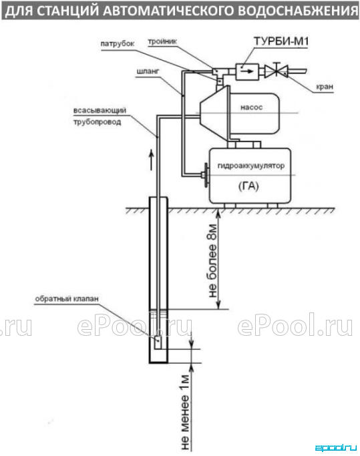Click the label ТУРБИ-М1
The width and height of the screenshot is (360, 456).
(x=281, y=41)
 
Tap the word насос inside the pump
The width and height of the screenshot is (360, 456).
(x=251, y=107)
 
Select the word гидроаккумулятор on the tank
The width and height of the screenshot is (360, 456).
(x=251, y=166)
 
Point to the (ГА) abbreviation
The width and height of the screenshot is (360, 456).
(x=248, y=186)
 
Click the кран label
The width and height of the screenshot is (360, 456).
(x=325, y=87)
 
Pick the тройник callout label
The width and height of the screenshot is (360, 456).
(x=162, y=41)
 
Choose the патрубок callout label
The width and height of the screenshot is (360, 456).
(x=118, y=43)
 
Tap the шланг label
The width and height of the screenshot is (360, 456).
(x=148, y=71)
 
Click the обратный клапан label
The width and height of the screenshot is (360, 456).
(x=67, y=299)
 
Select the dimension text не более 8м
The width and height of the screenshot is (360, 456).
(x=213, y=261)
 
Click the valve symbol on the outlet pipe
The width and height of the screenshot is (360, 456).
(x=276, y=71)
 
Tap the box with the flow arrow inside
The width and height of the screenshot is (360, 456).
(x=247, y=71)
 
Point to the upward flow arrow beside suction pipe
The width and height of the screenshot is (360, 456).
(x=152, y=160)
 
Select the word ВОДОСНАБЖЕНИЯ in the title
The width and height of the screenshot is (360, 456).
(x=299, y=11)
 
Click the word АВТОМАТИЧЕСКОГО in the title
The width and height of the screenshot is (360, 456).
(x=169, y=11)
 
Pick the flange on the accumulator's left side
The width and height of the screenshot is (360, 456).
(x=206, y=176)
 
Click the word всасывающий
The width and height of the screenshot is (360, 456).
(x=100, y=111)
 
